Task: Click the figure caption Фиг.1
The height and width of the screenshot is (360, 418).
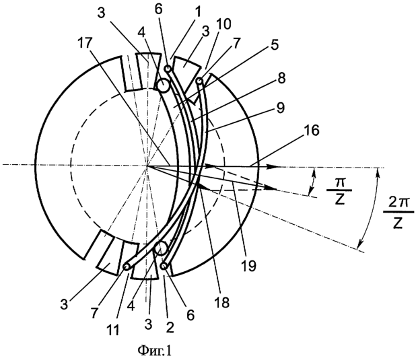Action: tap(154, 351)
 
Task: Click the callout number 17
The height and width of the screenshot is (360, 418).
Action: tap(85, 43)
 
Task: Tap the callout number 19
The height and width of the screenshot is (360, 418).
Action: tap(249, 265)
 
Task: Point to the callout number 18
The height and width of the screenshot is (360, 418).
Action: tap(222, 302)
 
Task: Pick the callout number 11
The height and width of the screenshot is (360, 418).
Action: tap(112, 330)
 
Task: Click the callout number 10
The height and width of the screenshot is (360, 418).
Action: tap(223, 24)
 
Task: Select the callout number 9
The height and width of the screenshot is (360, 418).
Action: tap(280, 108)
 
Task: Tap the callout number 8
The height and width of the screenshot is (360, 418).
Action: tap(281, 79)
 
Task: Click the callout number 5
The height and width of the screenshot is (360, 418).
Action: tap(275, 44)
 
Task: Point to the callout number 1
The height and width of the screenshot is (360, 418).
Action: tap(199, 11)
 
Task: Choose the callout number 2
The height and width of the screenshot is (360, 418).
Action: tap(170, 327)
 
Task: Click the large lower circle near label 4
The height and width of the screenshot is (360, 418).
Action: tap(162, 248)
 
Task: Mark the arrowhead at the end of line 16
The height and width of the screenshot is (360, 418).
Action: tap(275, 167)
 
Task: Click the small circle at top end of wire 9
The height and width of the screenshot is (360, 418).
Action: tap(200, 80)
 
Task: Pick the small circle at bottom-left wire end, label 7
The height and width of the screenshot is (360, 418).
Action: tap(126, 266)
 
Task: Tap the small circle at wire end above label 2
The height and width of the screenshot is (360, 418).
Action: tap(164, 266)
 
